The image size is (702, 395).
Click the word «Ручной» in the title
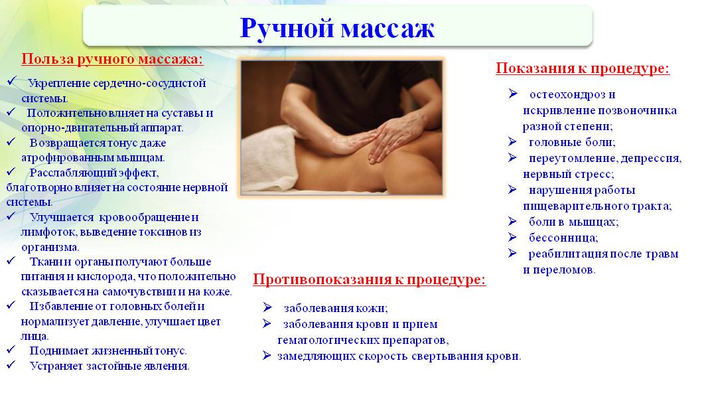click(x=287, y=29)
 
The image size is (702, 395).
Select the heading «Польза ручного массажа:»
click(x=112, y=59)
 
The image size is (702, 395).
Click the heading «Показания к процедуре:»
click(x=583, y=68)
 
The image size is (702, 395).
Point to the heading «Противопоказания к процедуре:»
click(x=370, y=279)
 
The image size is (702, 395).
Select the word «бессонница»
click(x=563, y=238)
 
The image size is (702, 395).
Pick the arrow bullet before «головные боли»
click(x=513, y=142)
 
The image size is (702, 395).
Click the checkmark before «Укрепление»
click(x=12, y=82)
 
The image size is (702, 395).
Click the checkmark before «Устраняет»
click(x=11, y=365)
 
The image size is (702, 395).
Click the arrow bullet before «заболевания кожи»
click(x=267, y=307)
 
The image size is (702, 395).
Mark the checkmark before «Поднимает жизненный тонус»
click(x=11, y=350)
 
